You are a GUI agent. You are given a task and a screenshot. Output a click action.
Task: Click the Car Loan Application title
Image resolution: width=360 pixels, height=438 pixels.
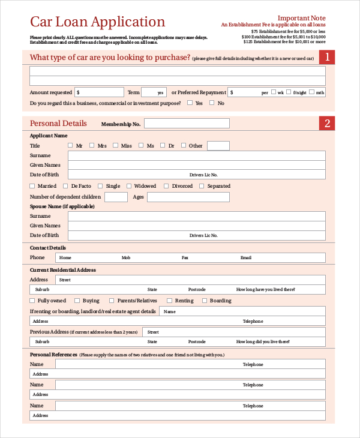click(x=97, y=22)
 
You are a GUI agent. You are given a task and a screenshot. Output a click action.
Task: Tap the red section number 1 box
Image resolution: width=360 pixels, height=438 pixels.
click(x=327, y=58)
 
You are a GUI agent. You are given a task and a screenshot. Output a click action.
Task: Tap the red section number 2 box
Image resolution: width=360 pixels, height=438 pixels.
click(x=327, y=124)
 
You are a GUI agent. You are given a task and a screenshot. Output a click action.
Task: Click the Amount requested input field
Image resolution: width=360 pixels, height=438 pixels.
click(x=100, y=92)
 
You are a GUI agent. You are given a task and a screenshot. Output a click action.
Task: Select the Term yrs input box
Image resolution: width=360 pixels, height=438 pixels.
click(x=154, y=92)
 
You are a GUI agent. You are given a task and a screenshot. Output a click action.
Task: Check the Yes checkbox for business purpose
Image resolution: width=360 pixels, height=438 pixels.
click(x=190, y=103)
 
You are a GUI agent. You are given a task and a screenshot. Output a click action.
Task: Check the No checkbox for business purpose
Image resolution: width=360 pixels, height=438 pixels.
click(x=212, y=103)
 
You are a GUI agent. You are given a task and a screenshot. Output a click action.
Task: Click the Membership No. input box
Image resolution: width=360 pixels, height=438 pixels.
click(x=187, y=124)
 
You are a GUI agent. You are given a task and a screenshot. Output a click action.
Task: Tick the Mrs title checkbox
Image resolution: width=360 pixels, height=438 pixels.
click(x=93, y=145)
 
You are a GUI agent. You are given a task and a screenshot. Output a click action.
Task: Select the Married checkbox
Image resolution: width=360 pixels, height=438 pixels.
click(x=32, y=186)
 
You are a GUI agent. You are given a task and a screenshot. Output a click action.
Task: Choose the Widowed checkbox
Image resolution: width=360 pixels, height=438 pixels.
click(x=129, y=186)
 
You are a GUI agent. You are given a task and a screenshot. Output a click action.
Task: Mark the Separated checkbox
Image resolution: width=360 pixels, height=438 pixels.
click(x=202, y=186)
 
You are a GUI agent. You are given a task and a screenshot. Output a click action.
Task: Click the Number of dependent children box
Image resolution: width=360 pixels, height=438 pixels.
click(x=116, y=197)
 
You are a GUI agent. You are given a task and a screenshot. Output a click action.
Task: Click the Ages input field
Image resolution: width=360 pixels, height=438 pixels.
click(x=188, y=197)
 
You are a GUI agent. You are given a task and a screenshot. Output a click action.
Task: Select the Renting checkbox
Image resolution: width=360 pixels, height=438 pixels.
click(x=170, y=301)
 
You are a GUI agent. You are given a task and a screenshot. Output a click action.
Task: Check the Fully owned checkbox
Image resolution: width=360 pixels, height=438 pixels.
click(x=32, y=301)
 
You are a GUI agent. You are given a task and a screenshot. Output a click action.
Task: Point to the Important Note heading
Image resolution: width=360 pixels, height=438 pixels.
click(x=302, y=17)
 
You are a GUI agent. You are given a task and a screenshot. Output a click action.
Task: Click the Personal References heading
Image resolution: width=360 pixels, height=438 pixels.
click(x=53, y=355)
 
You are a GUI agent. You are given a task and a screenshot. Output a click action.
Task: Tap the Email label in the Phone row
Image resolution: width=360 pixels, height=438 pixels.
click(x=246, y=257)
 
